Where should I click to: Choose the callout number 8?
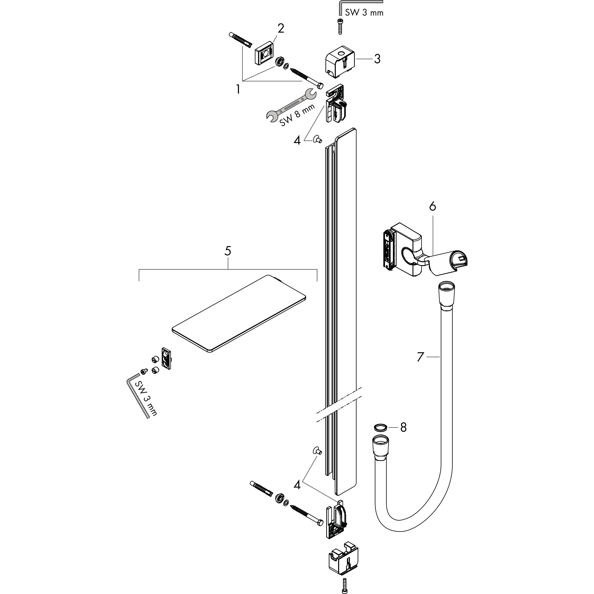click(x=403, y=427)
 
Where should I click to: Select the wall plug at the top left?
click(x=240, y=40)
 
